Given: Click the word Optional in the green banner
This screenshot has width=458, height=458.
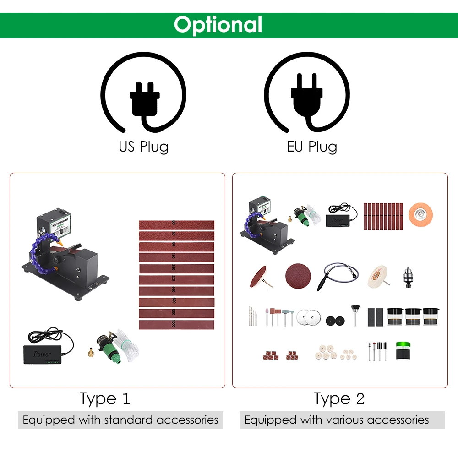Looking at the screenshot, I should (x=218, y=25).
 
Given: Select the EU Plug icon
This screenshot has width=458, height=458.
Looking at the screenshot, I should (x=307, y=96).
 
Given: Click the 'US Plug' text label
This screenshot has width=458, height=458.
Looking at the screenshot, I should (x=144, y=147).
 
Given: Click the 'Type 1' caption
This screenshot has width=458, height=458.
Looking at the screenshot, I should (x=105, y=398).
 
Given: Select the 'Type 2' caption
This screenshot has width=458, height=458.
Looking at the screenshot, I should (x=339, y=398).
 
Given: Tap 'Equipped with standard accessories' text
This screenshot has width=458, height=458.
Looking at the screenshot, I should (x=120, y=420).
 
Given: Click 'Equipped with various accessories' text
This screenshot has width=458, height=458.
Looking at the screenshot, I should (x=337, y=420).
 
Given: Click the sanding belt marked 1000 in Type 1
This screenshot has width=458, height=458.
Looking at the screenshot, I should (x=176, y=325).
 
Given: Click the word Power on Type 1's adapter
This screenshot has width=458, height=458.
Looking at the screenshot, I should (x=42, y=354).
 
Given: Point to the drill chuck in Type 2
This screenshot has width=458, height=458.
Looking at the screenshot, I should (x=406, y=276).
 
